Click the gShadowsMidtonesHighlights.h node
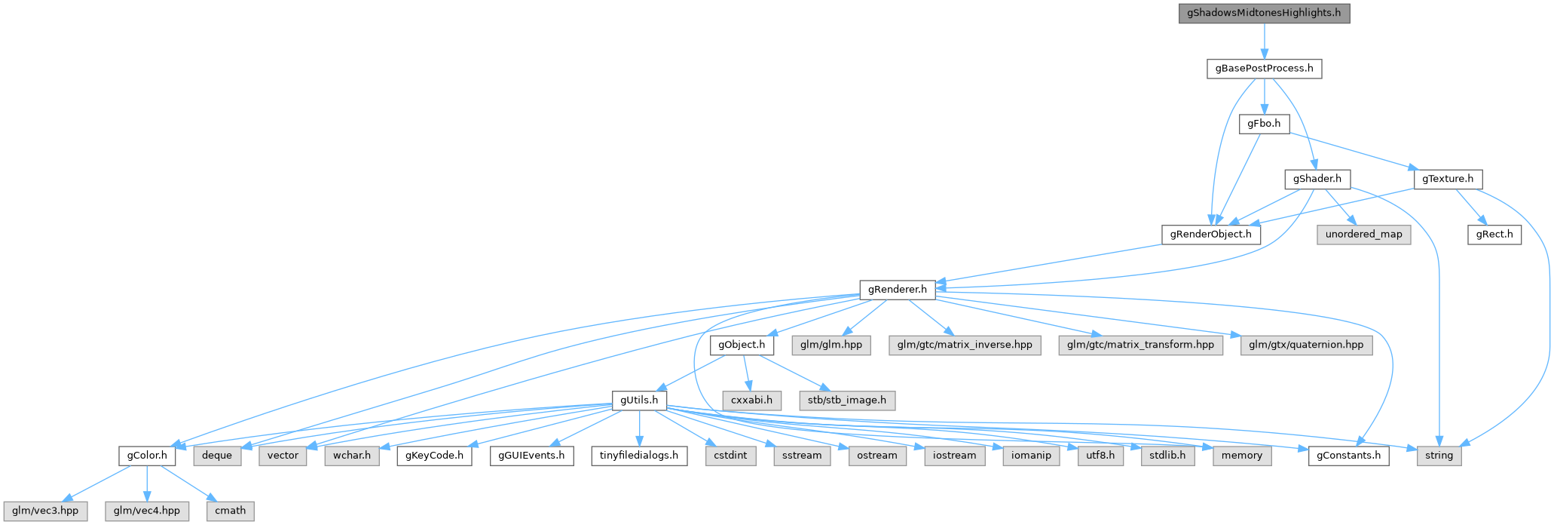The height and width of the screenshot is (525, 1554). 1264,14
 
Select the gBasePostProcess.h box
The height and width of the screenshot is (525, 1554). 1264,69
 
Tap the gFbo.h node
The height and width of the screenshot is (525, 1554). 1264,124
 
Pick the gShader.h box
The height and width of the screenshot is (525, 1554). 1317,180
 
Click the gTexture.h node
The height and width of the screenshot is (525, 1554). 1448,180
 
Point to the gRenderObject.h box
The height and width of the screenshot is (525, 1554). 1210,235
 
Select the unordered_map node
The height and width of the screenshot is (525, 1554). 1363,235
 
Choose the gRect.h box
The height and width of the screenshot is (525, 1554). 1494,235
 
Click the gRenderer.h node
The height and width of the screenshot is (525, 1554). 897,290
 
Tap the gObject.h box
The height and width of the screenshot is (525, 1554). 742,345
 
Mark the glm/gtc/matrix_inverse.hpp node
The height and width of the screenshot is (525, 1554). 965,345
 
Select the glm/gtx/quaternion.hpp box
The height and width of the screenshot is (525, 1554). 1306,345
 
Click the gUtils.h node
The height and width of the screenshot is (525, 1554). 639,401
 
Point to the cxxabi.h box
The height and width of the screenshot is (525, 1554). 751,401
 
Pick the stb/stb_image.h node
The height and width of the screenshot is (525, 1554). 847,401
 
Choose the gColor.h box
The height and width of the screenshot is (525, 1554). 146,456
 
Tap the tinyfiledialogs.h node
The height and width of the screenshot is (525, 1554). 639,456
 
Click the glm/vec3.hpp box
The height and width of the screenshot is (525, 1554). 44,511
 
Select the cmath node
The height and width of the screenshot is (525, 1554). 230,511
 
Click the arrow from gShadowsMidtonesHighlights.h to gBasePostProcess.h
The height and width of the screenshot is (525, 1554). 1264,41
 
